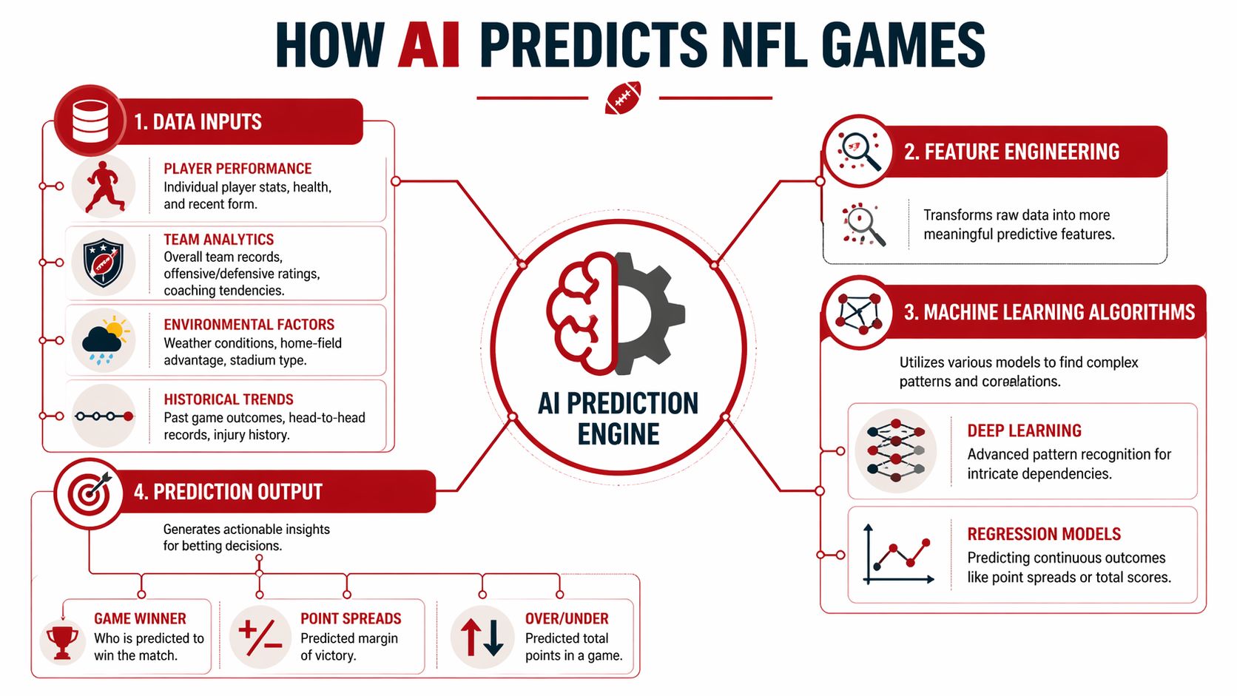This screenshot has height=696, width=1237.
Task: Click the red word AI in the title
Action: (430, 45)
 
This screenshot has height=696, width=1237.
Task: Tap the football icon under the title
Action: (623, 98)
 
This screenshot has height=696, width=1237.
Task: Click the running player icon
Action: (103, 186)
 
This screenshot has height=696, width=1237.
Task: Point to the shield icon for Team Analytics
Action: (104, 263)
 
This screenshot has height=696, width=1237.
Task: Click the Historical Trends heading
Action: (229, 399)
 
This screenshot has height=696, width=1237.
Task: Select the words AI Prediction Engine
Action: (618, 419)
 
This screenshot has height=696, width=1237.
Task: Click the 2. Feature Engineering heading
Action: (1011, 152)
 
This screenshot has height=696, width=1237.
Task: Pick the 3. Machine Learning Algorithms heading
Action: (1049, 312)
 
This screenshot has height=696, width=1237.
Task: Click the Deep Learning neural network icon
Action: (896, 450)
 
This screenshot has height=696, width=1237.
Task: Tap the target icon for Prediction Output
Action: (90, 493)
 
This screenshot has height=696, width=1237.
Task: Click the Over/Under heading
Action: (567, 618)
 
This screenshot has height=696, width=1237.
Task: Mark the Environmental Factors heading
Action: (249, 325)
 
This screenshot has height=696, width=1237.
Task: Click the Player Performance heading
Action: (237, 169)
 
